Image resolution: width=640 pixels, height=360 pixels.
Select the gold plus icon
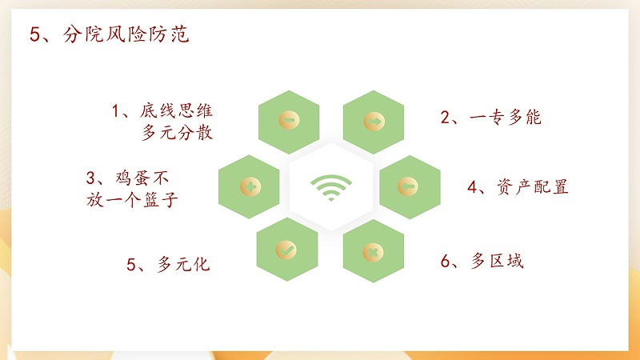click(x=250, y=186)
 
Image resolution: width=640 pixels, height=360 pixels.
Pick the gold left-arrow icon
click(x=409, y=186)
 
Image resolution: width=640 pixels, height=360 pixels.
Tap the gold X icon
click(x=372, y=253)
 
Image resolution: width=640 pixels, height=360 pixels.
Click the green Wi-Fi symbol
click(x=330, y=187)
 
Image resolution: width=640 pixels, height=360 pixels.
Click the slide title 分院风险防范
click(x=126, y=36)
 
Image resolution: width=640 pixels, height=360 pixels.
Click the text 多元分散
click(x=178, y=133)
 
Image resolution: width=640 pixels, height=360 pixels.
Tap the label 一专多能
click(x=506, y=118)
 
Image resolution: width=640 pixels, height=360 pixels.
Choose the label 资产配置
click(x=531, y=187)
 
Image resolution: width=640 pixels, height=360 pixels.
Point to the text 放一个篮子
click(x=131, y=200)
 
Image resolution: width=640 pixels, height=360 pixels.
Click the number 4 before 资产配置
click(x=473, y=187)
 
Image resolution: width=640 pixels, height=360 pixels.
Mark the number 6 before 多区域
click(x=446, y=262)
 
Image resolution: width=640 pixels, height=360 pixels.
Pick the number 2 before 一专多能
click(x=446, y=118)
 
